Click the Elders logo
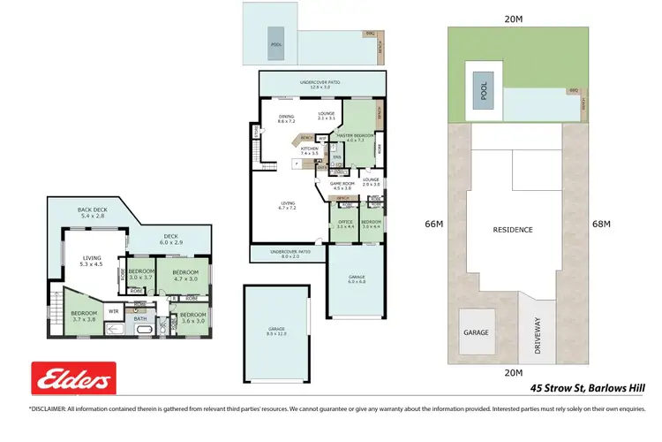[74, 379]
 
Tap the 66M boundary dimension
[433, 225]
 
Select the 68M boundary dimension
[602, 225]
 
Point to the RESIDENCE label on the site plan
[513, 230]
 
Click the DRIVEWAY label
[538, 337]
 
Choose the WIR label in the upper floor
[113, 311]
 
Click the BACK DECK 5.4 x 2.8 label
[92, 212]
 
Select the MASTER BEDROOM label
[356, 137]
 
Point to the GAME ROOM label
[342, 186]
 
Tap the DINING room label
[286, 118]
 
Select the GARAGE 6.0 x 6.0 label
[356, 279]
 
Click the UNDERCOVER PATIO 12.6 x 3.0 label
[325, 84]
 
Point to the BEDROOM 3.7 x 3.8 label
[84, 316]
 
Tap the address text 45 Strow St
[562, 387]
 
